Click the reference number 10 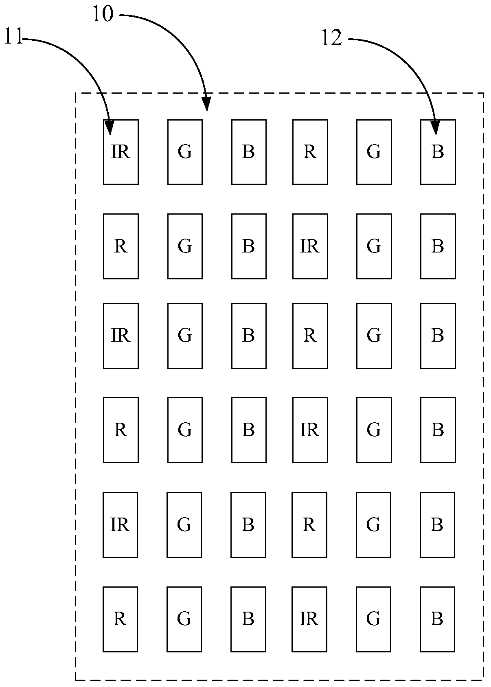coord(102,15)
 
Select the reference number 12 coord(331,39)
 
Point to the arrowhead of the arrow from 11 coord(109,129)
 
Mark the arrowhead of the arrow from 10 coord(207,105)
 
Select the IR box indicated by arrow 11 coord(121,152)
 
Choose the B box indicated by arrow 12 coord(438,152)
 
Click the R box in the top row coord(310,152)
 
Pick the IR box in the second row coord(310,246)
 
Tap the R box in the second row coord(121,246)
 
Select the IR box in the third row coord(121,336)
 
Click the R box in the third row coord(310,336)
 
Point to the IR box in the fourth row coord(310,430)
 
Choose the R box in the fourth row coord(121,430)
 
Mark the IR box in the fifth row coord(120,525)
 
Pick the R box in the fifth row coord(309,525)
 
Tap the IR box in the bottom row coord(309,619)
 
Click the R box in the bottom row coord(120,619)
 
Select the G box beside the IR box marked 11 coord(185,152)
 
